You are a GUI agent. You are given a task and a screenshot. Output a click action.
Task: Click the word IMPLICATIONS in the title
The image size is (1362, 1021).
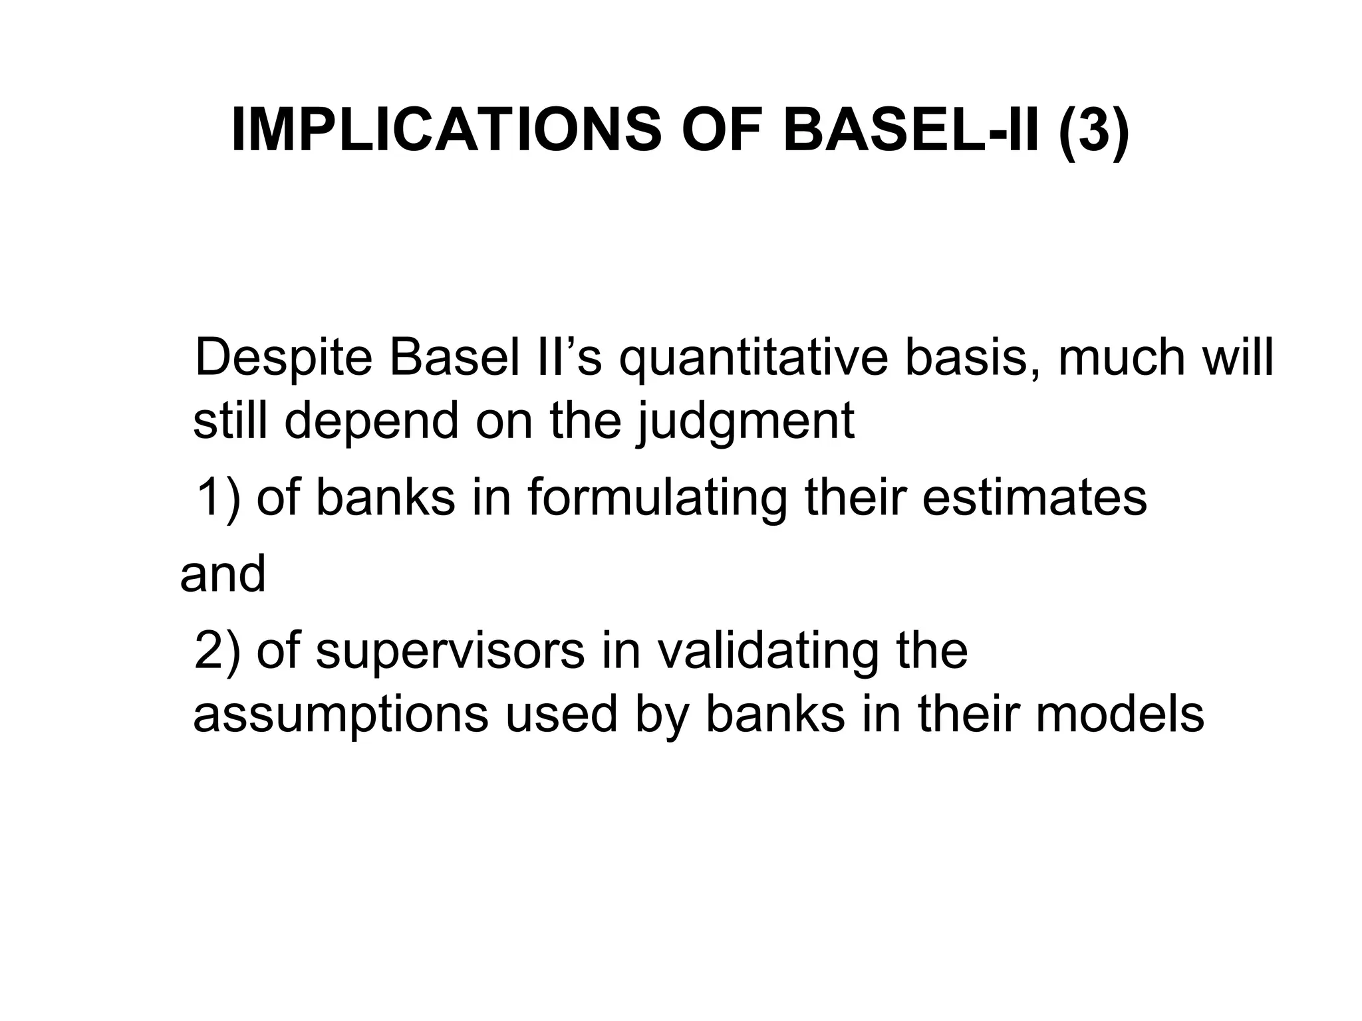tap(446, 130)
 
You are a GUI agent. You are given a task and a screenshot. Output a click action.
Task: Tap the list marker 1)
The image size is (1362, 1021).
tap(217, 499)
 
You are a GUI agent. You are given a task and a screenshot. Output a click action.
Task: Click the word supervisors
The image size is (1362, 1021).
tap(450, 653)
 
